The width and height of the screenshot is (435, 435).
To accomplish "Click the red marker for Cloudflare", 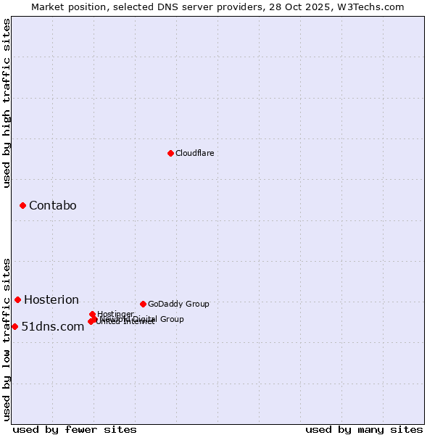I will (170, 153).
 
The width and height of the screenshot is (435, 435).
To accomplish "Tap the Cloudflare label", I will (194, 154).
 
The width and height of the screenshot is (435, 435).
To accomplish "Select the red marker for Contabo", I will (22, 206).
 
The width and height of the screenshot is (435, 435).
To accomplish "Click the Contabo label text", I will (52, 206).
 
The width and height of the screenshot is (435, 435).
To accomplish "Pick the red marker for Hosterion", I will (17, 299).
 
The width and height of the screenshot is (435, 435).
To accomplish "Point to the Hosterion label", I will (51, 300).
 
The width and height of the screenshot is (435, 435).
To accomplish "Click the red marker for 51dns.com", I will (14, 326).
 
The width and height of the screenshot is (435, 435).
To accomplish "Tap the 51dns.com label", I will (52, 327).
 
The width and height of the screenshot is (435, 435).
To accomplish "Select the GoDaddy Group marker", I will (143, 304).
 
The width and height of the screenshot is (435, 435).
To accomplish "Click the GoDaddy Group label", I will (178, 304).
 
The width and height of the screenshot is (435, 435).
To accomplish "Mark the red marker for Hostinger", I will (92, 314).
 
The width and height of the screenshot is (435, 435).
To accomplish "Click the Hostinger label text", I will (115, 314).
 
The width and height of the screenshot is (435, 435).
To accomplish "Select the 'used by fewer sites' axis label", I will (75, 430).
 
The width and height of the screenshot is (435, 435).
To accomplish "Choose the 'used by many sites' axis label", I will (364, 430).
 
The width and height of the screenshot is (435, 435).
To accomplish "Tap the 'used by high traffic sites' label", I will (7, 103).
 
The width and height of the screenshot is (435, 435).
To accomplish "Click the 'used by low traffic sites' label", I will (7, 339).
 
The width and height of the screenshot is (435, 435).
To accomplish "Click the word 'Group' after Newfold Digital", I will (172, 319).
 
